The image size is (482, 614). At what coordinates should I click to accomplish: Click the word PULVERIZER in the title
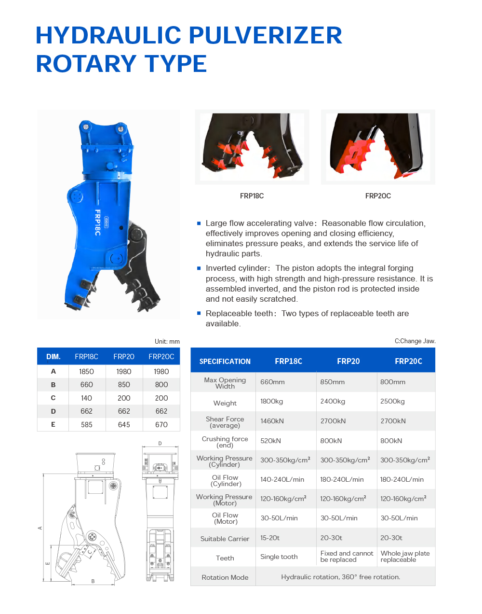[x=265, y=35]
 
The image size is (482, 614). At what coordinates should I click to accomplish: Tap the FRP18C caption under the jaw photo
[x=252, y=196]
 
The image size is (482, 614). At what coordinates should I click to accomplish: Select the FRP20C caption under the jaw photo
[x=378, y=196]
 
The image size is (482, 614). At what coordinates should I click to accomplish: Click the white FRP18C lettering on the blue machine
[x=97, y=223]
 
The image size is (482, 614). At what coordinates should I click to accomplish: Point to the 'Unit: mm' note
[x=167, y=342]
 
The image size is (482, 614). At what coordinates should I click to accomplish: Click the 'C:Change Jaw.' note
[x=415, y=341]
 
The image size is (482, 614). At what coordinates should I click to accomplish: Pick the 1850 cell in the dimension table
[x=86, y=372]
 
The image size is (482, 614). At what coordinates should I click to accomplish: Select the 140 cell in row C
[x=86, y=398]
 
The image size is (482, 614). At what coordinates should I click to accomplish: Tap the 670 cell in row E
[x=161, y=425]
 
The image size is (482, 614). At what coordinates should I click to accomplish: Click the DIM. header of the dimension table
[x=54, y=357]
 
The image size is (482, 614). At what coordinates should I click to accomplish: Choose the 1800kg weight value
[x=271, y=402]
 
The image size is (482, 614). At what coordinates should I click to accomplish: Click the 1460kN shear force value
[x=272, y=421]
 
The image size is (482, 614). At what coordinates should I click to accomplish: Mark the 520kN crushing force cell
[x=270, y=441]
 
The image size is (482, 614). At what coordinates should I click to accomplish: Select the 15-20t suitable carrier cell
[x=270, y=538]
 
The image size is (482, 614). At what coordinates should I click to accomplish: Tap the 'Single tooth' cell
[x=279, y=557]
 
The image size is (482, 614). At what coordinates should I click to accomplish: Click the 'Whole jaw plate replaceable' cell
[x=405, y=557]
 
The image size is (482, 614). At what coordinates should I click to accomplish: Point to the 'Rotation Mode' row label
[x=225, y=577]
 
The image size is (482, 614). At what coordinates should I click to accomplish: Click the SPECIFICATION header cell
[x=225, y=361]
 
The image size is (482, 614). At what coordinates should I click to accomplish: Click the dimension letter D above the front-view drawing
[x=160, y=444]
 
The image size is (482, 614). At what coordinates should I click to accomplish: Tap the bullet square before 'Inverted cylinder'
[x=199, y=268]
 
